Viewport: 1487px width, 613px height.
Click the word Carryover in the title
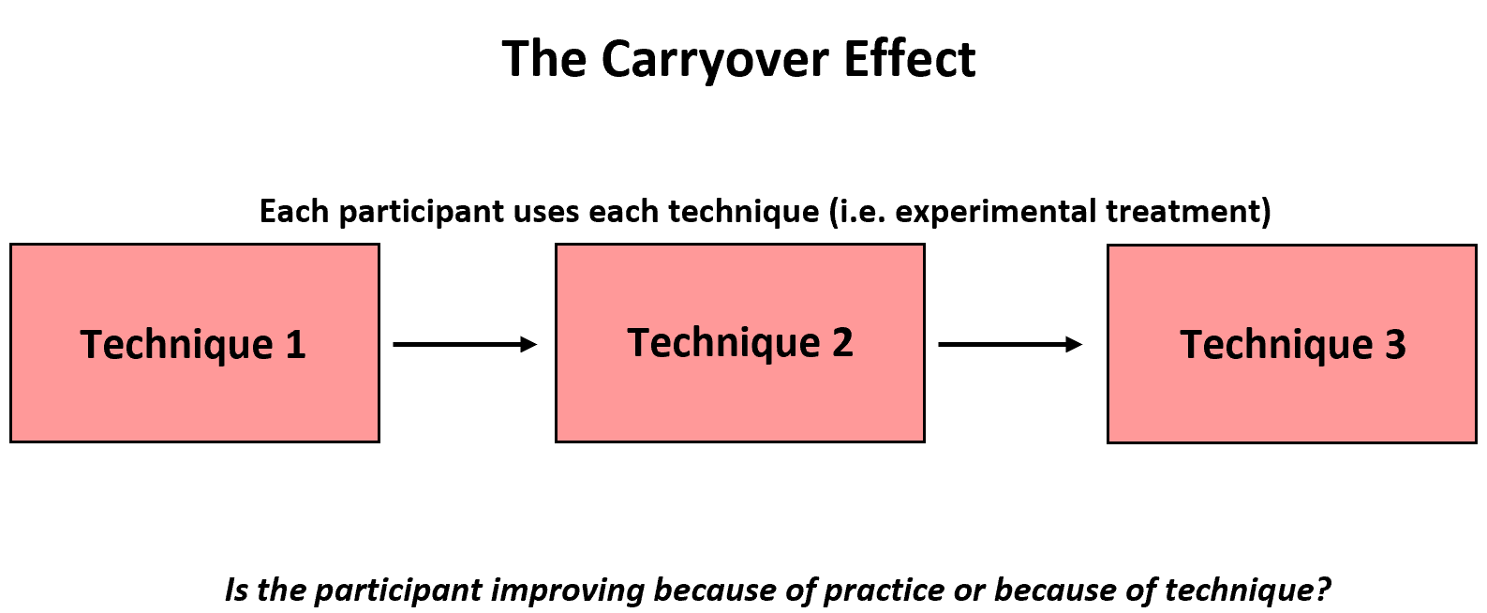click(x=715, y=60)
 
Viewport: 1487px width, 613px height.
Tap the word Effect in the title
click(x=910, y=59)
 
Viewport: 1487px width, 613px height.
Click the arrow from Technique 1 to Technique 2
click(x=465, y=345)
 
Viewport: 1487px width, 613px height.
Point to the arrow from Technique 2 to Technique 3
click(x=1010, y=345)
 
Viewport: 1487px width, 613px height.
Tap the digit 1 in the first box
click(x=296, y=345)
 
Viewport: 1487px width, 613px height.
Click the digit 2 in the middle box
click(x=842, y=343)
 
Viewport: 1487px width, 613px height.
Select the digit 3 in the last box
click(x=1395, y=345)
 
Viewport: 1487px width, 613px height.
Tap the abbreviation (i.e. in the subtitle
click(x=857, y=212)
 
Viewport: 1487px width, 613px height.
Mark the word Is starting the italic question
click(x=236, y=591)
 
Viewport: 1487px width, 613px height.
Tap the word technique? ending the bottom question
click(x=1247, y=591)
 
